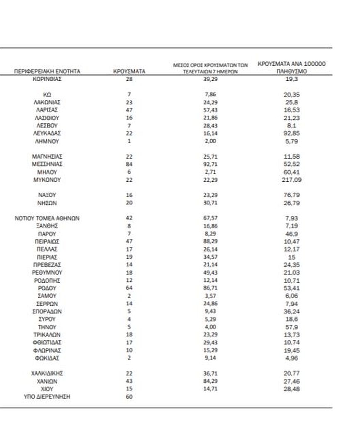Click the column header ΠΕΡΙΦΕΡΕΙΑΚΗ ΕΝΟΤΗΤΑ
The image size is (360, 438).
pos(47,71)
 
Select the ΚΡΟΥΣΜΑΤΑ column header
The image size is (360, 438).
pos(129,71)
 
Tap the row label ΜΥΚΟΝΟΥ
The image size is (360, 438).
pos(47,180)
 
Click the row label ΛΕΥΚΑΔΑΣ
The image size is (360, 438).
pos(47,133)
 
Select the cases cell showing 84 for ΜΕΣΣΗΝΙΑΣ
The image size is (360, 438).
pos(129,164)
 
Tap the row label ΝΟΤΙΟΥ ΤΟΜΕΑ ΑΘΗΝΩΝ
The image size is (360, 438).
pos(47,218)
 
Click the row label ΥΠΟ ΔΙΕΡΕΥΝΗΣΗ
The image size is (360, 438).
pos(47,397)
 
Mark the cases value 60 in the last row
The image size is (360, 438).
pos(129,397)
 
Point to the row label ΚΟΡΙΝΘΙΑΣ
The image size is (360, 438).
pos(47,79)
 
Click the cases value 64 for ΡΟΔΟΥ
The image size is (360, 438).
pos(129,288)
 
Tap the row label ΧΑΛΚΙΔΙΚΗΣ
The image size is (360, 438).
pos(47,373)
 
